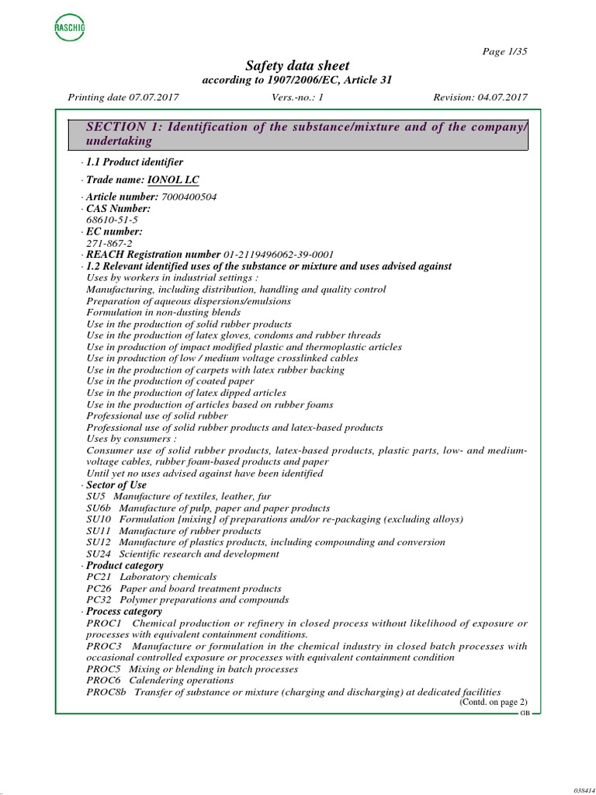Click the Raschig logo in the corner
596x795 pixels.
(70, 29)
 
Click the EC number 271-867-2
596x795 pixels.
(109, 243)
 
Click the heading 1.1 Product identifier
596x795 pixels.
(134, 162)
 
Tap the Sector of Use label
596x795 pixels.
(116, 485)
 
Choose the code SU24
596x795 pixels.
(99, 554)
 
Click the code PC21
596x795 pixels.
(99, 577)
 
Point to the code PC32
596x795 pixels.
(99, 600)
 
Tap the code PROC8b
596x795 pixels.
(106, 692)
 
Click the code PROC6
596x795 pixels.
(103, 680)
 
